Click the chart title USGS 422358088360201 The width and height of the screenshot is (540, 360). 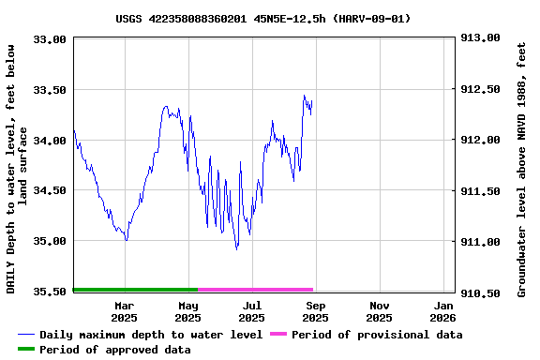(263, 18)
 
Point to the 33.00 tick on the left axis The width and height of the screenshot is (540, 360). (50, 39)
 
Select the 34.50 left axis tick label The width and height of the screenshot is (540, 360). (50, 190)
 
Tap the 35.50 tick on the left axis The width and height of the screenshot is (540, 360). (50, 292)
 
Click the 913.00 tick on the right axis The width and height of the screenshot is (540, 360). (479, 38)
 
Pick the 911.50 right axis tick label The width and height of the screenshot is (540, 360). (479, 191)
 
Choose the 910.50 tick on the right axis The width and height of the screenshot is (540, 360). (479, 292)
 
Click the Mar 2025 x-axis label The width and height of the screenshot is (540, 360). (125, 311)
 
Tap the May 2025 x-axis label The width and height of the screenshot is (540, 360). (188, 311)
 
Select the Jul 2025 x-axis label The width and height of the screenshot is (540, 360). (252, 311)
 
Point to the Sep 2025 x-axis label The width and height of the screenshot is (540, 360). (316, 311)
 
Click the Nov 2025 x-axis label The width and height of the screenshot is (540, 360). (380, 311)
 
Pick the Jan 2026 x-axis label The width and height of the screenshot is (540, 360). (443, 311)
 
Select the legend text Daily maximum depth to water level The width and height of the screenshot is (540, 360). (151, 335)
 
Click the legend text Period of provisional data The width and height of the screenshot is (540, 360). (377, 335)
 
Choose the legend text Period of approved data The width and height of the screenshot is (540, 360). (115, 350)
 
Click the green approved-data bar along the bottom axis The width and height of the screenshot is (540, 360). (135, 290)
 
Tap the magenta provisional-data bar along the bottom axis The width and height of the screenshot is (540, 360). (255, 290)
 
